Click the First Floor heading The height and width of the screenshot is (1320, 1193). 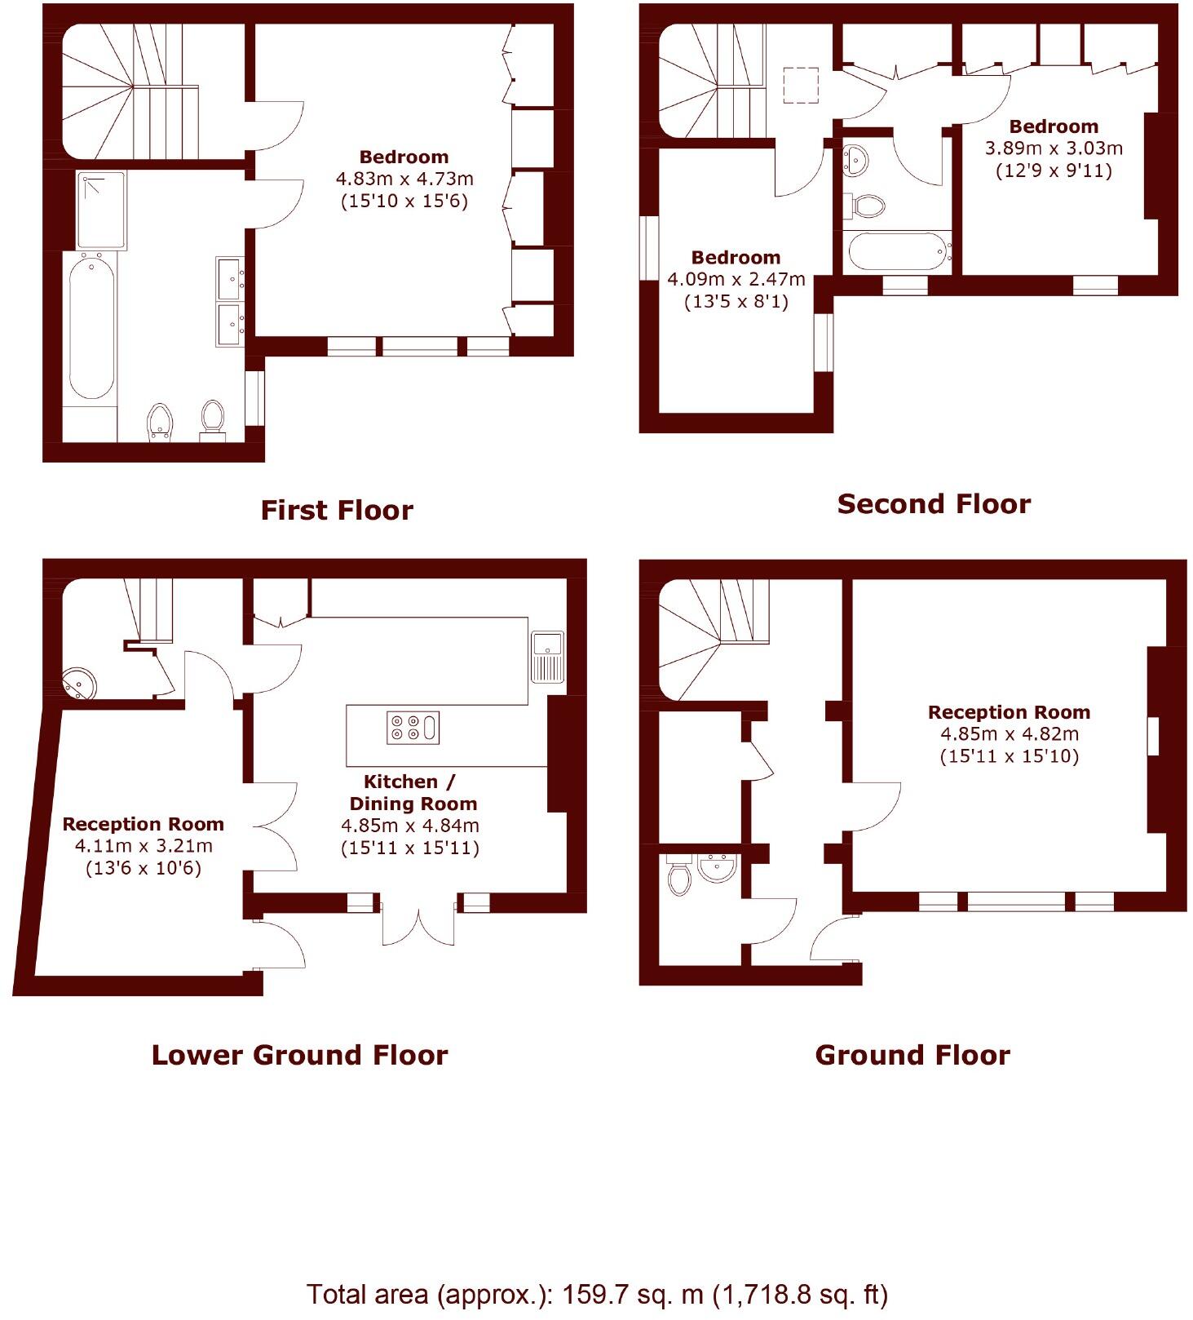click(336, 510)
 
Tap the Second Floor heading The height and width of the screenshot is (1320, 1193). click(933, 503)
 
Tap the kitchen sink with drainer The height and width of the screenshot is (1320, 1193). click(547, 656)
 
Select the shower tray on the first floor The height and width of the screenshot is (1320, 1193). click(102, 210)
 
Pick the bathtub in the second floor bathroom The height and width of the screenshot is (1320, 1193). click(897, 251)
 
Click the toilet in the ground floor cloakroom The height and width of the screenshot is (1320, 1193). click(678, 879)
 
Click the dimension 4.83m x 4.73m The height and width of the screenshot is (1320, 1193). click(404, 179)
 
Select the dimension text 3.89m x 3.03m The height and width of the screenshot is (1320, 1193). click(1053, 148)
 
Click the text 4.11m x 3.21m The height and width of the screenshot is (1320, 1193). click(143, 846)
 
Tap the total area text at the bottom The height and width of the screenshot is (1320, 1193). click(596, 1294)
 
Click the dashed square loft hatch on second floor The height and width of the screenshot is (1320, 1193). click(800, 84)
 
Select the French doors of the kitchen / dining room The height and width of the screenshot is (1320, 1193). click(418, 922)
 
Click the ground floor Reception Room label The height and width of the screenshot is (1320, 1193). click(1008, 712)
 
